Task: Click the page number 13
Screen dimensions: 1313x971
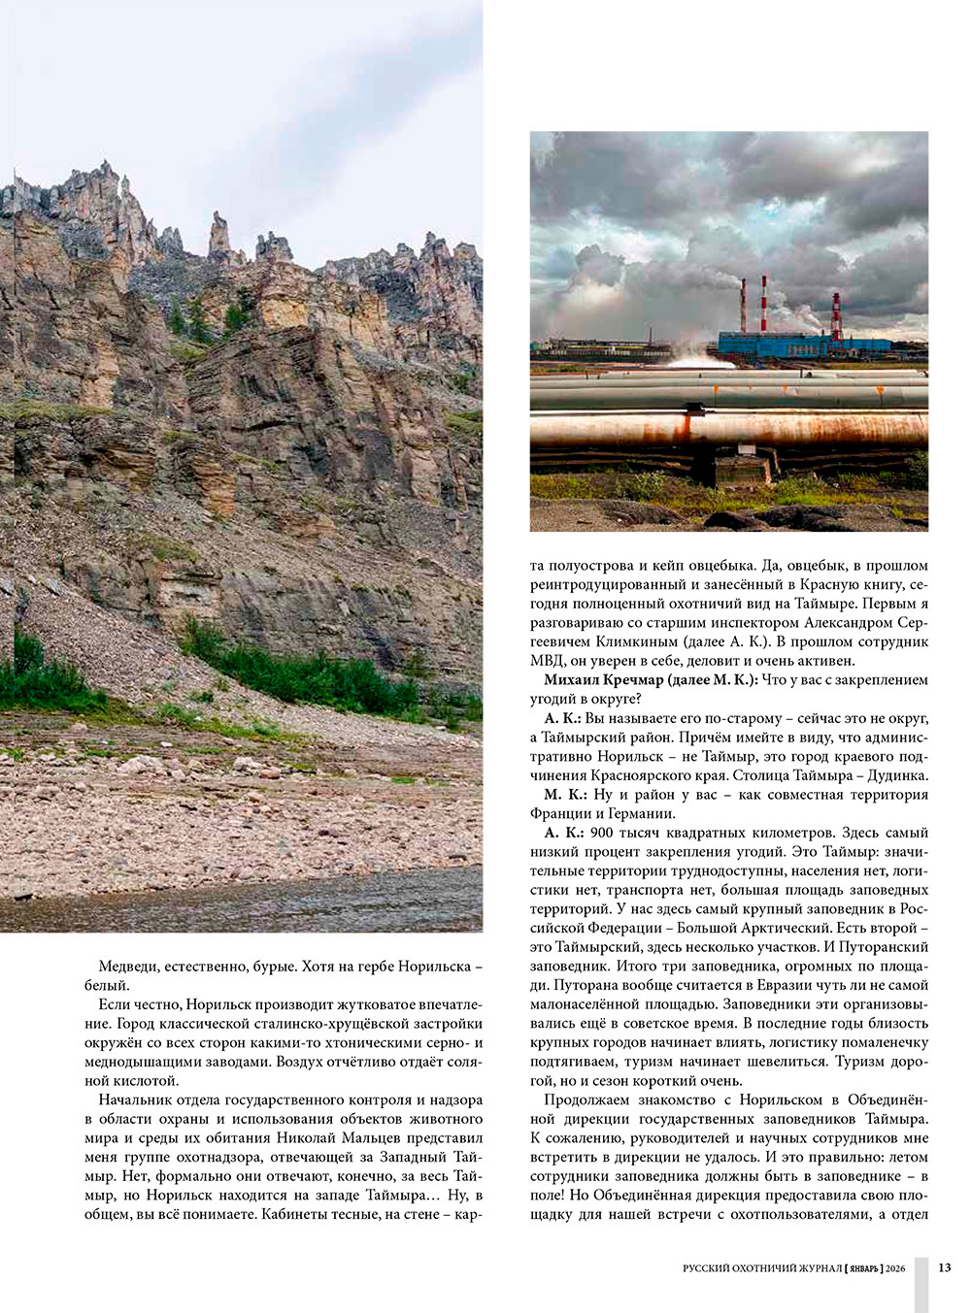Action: [x=945, y=1267]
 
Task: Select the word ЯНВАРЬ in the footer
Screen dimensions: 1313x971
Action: [x=863, y=1268]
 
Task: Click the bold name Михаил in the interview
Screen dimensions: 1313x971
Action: [x=573, y=680]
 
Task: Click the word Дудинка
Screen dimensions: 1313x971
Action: [x=898, y=775]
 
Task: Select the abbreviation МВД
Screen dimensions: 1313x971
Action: [x=548, y=661]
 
